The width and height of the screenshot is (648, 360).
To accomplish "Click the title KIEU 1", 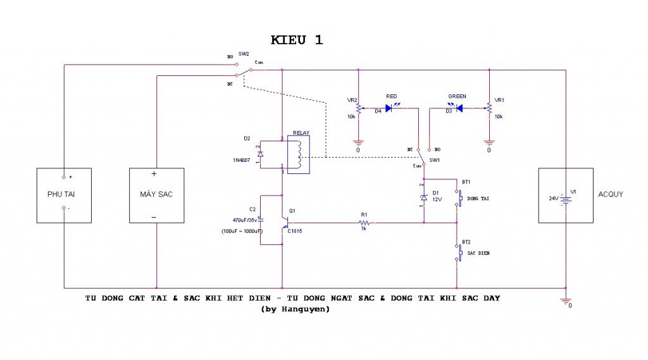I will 297,40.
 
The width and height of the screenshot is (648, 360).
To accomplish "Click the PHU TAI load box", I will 64,195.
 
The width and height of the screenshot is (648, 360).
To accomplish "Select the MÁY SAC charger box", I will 156,195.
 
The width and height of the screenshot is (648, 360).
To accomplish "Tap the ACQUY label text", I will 610,194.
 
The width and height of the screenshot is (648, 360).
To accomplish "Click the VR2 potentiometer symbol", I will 358,109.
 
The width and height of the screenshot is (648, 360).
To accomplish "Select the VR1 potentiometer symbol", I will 489,109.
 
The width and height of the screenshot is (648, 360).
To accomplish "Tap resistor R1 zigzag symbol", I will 365,223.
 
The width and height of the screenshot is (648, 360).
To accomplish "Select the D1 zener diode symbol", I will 424,198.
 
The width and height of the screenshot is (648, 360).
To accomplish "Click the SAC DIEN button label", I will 478,253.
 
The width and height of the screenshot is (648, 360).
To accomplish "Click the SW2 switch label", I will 244,55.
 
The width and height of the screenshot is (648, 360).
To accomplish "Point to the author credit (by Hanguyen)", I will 295,310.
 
